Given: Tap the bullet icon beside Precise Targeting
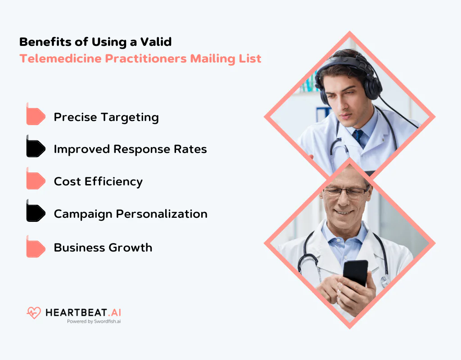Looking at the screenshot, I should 36,116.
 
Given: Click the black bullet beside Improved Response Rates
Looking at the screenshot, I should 36,148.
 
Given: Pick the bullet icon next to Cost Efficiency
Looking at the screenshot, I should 36,180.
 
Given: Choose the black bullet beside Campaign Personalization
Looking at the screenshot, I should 36,213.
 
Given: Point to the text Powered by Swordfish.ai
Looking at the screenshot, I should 94,322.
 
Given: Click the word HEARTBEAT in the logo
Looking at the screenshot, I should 75,312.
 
